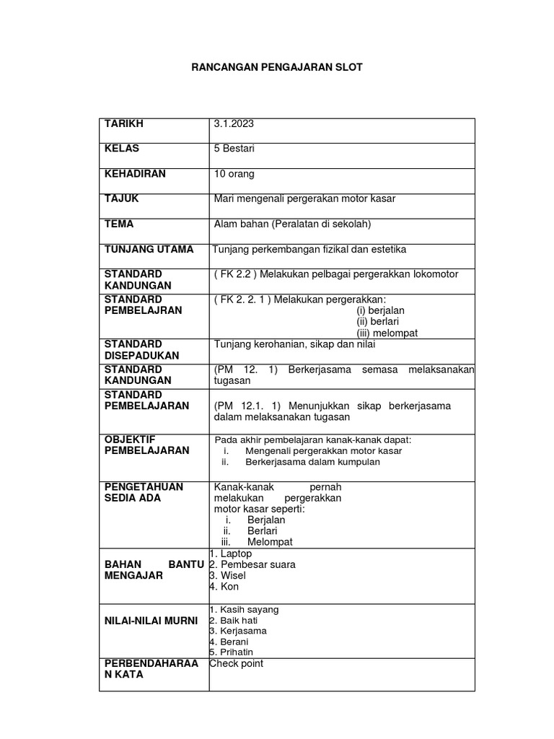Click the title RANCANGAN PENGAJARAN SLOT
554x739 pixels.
click(x=277, y=68)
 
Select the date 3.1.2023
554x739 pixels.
click(x=234, y=124)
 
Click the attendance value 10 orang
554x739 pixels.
click(x=234, y=174)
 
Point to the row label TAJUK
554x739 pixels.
click(x=122, y=198)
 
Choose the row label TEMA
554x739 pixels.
click(x=119, y=224)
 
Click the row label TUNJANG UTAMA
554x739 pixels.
click(x=149, y=249)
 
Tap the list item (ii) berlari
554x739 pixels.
click(x=378, y=321)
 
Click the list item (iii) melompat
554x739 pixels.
click(x=387, y=333)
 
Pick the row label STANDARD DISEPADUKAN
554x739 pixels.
click(x=141, y=350)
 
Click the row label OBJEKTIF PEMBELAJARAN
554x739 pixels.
click(x=147, y=445)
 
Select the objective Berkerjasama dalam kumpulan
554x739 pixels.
click(x=312, y=462)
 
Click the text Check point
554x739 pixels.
click(x=237, y=663)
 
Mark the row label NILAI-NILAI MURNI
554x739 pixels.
click(x=151, y=621)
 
